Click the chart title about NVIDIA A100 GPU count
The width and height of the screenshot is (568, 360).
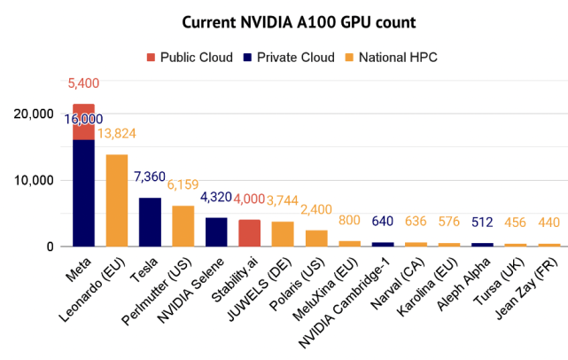[284, 20]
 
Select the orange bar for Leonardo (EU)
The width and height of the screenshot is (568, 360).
[117, 200]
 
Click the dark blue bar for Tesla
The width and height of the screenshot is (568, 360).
[150, 222]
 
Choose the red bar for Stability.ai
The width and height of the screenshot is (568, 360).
[250, 232]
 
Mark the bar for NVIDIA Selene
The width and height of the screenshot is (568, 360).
[216, 231]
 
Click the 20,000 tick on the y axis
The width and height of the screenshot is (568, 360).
[37, 113]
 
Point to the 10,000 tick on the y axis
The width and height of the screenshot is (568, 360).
[37, 180]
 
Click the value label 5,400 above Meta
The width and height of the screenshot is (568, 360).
[83, 84]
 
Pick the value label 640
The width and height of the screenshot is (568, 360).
[383, 221]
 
